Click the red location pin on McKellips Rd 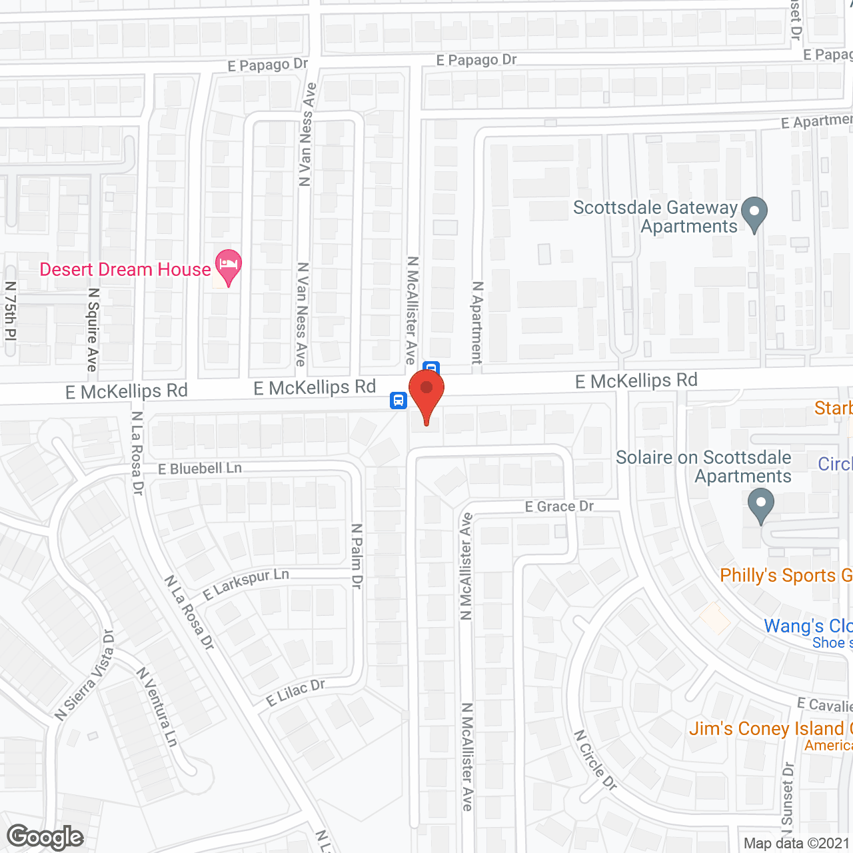tap(426, 393)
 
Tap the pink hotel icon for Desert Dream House tap(228, 266)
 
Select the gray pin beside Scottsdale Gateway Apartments tap(754, 214)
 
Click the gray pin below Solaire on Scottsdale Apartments tap(760, 505)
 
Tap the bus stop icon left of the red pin tap(399, 401)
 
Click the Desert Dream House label tap(125, 269)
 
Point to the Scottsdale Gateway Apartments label tap(656, 217)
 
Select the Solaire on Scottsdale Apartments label tap(704, 466)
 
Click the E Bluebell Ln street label tap(200, 468)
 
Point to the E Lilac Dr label tap(295, 692)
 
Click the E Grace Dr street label tap(559, 506)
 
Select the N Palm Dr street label tap(357, 556)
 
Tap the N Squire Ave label tap(93, 330)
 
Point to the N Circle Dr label tap(596, 760)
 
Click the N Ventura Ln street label tap(158, 707)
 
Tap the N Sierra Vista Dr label tap(85, 675)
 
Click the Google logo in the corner tap(45, 837)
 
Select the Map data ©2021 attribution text tap(796, 843)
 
